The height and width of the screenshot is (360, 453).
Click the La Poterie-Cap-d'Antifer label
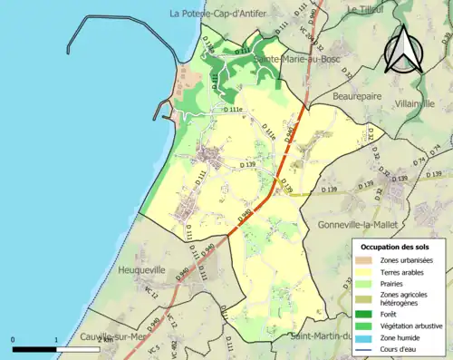226,13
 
